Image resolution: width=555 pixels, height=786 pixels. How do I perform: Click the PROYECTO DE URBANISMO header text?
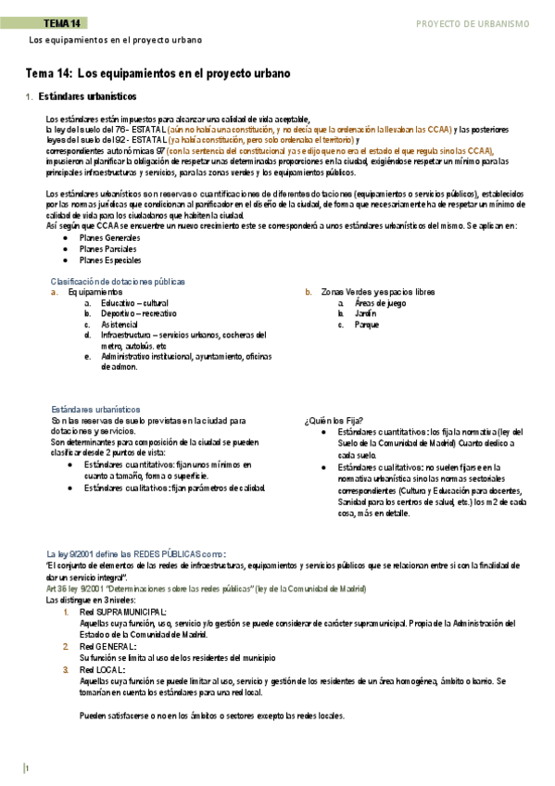pos(473,22)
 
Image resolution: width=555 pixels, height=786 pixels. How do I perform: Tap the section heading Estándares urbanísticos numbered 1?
pos(88,95)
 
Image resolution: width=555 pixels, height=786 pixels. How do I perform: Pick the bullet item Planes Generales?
pos(110,238)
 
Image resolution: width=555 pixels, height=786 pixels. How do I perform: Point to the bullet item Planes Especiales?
pos(111,260)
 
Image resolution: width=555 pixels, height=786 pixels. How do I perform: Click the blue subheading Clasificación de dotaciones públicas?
pos(118,281)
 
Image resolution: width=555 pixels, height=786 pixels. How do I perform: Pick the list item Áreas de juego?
pos(380,303)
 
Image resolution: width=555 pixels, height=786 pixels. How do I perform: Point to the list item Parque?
pos(367,325)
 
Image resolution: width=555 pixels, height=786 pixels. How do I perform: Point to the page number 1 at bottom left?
pos(28,768)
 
